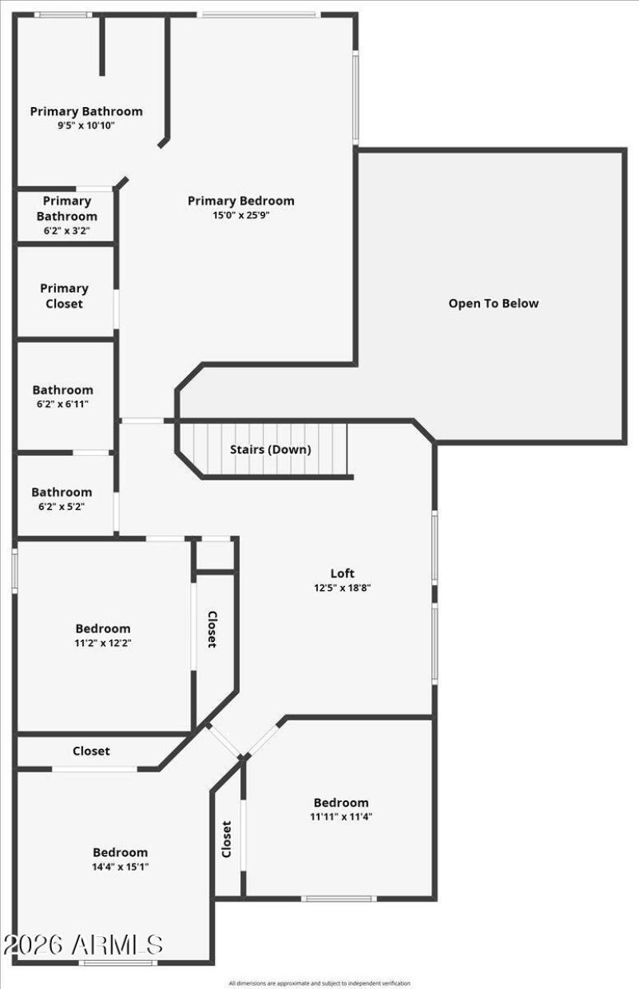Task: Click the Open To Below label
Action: tap(493, 303)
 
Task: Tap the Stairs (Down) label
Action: tap(271, 449)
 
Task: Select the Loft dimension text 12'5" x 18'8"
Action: tap(343, 588)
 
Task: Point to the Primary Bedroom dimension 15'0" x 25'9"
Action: tap(241, 214)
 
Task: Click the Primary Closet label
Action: tap(64, 296)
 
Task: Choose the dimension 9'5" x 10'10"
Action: tap(86, 125)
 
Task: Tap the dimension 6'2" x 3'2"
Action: tap(67, 230)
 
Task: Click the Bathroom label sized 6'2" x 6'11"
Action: tap(62, 390)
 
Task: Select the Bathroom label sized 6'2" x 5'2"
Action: tap(62, 492)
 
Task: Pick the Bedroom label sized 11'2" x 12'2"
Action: tap(103, 628)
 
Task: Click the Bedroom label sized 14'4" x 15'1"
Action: tap(120, 852)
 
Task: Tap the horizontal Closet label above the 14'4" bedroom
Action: tap(91, 751)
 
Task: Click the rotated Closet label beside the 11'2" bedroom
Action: tap(212, 630)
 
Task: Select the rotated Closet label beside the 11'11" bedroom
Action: tap(226, 839)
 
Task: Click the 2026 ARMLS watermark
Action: tap(83, 944)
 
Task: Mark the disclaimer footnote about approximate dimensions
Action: tap(319, 983)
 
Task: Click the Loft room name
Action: tap(343, 573)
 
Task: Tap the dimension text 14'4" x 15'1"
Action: tap(120, 866)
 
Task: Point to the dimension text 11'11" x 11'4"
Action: tap(342, 816)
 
